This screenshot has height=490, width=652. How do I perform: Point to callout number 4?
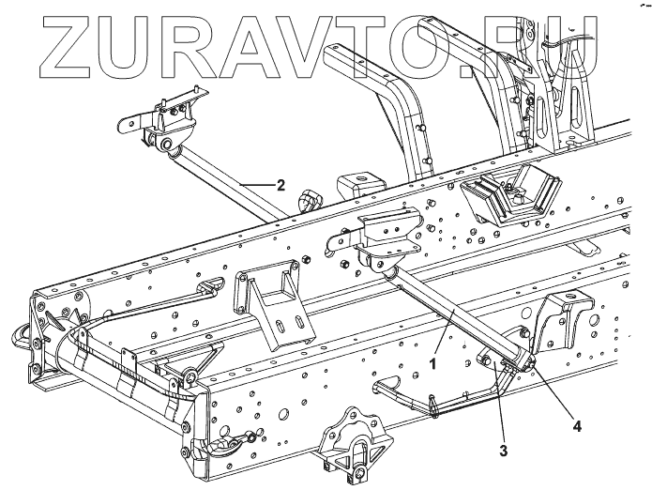coord(578,426)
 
